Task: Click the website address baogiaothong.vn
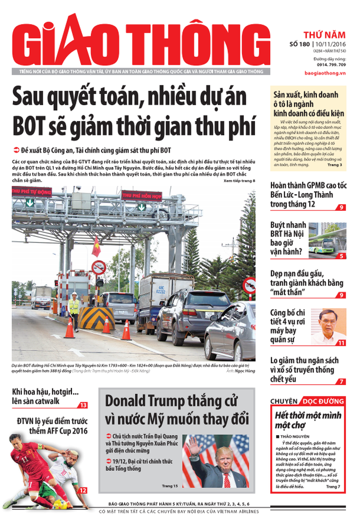click(x=325, y=72)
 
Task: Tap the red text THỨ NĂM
click(x=324, y=35)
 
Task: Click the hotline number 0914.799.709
click(x=332, y=64)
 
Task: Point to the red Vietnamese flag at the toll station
click(x=96, y=246)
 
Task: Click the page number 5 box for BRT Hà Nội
click(x=341, y=256)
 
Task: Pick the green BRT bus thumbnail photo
click(x=327, y=238)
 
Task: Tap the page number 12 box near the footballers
click(x=82, y=490)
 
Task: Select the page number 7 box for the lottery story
click(x=341, y=382)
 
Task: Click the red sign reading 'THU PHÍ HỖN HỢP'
click(x=141, y=195)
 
